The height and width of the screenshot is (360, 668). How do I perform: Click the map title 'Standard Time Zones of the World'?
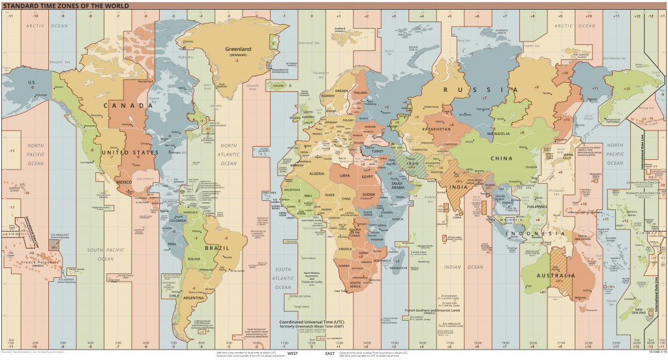(x=65, y=5)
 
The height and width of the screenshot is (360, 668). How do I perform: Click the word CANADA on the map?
(x=118, y=106)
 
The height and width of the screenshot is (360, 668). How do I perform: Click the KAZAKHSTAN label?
(x=437, y=129)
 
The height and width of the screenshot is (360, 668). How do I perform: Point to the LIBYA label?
(x=345, y=176)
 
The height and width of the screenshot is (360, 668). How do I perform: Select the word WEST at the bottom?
(x=293, y=353)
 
